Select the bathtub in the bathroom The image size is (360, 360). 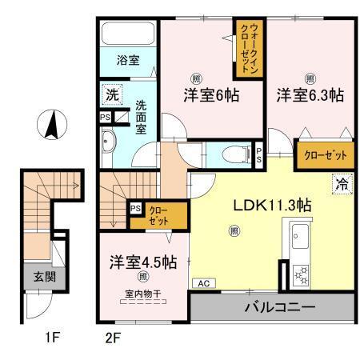[x=128, y=34]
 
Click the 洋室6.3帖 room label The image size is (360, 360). [x=310, y=94]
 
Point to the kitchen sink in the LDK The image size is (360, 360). [x=302, y=238]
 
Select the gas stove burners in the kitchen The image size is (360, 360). [x=302, y=275]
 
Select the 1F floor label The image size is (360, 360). [x=51, y=337]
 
